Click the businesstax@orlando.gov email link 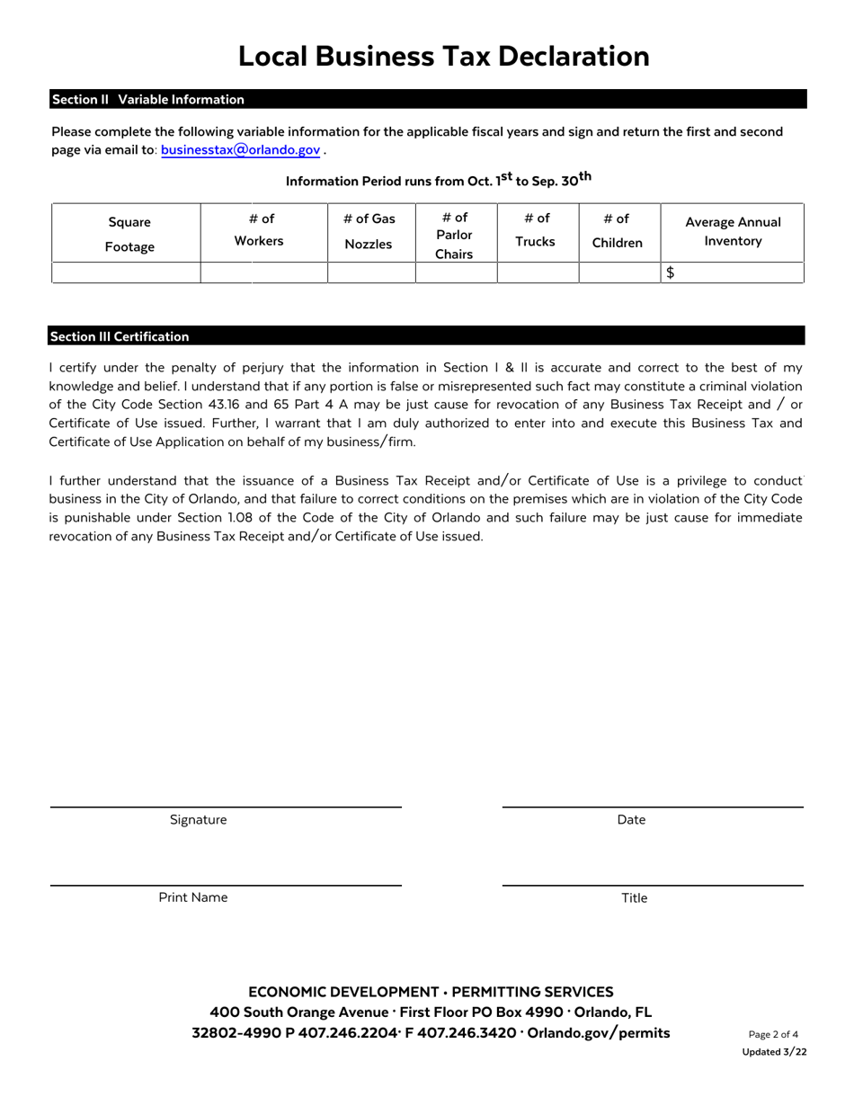tap(240, 150)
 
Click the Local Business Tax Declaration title tap(443, 57)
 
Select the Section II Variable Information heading tap(148, 100)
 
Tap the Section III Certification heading tap(120, 336)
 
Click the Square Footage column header tap(129, 234)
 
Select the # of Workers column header tap(259, 229)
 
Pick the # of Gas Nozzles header tap(369, 231)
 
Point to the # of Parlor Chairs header tap(454, 236)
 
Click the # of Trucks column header tap(535, 229)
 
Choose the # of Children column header tap(617, 230)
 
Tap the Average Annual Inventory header tap(733, 231)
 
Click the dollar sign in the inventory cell tap(671, 273)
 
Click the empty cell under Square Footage tap(126, 273)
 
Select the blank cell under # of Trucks tap(538, 273)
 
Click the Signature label tap(198, 820)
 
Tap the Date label tap(631, 820)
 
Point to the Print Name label tap(193, 897)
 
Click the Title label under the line tap(634, 898)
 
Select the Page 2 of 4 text tap(773, 1034)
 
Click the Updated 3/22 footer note tap(774, 1052)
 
